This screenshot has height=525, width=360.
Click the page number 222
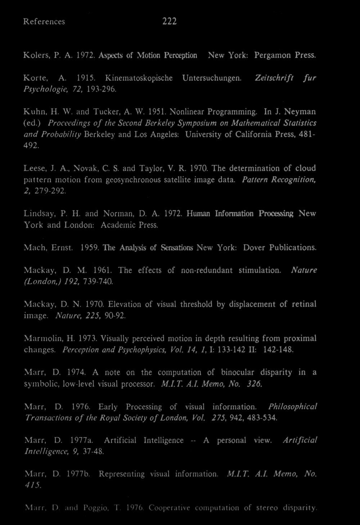coord(169,22)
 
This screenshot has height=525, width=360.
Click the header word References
coord(44,22)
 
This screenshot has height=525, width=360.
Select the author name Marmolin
coord(44,338)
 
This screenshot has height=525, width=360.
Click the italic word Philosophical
coord(292,407)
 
